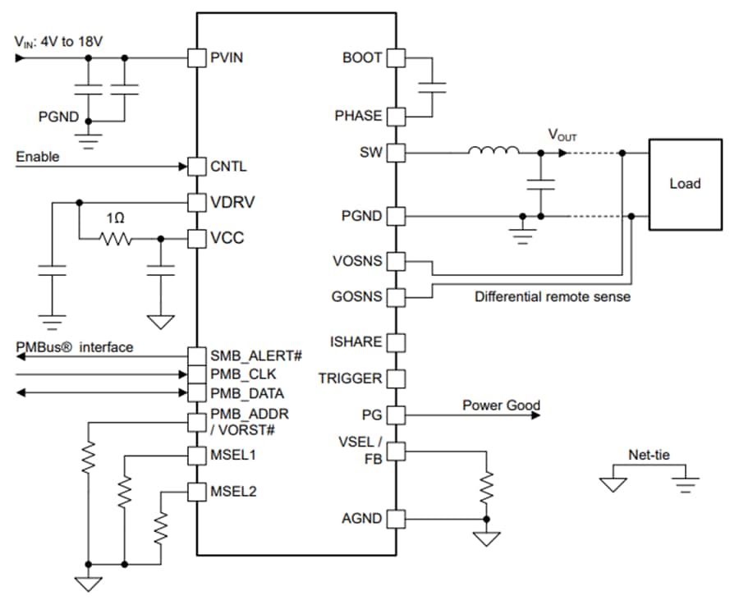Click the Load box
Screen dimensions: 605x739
point(685,183)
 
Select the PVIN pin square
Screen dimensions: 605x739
point(196,58)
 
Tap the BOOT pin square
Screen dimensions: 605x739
point(396,58)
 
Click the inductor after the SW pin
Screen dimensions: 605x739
point(493,152)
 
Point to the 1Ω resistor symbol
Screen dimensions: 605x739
point(116,239)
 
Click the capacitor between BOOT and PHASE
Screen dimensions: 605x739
point(432,87)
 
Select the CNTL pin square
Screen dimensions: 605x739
point(196,167)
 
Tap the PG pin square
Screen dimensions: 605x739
point(396,415)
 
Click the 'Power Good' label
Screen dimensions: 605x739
point(501,405)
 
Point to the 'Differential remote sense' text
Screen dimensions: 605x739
point(553,296)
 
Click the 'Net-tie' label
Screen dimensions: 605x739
point(647,454)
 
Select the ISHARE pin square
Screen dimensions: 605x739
point(396,341)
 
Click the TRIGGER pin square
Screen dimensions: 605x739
point(396,378)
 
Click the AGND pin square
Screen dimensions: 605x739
point(396,519)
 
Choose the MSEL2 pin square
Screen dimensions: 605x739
point(196,492)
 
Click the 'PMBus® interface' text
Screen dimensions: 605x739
point(75,347)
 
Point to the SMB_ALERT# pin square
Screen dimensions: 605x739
point(196,356)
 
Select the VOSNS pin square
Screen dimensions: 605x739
point(396,262)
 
